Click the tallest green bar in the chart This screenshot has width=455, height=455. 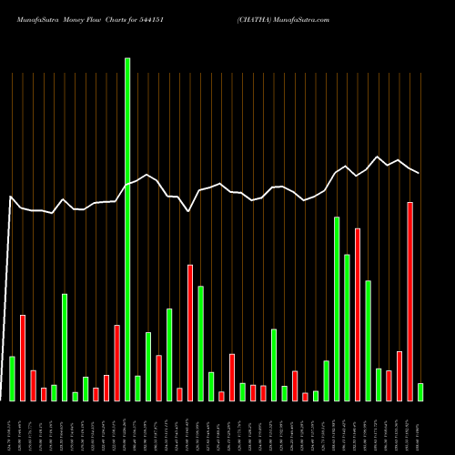click(x=127, y=227)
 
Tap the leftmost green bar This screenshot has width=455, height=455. click(x=13, y=378)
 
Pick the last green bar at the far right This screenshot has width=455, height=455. click(x=420, y=391)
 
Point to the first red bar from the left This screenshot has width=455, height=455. click(x=23, y=357)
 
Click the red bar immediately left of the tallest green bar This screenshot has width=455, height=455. click(x=116, y=362)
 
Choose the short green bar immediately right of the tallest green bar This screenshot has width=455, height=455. click(x=137, y=388)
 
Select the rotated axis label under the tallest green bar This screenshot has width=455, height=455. click(x=127, y=427)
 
